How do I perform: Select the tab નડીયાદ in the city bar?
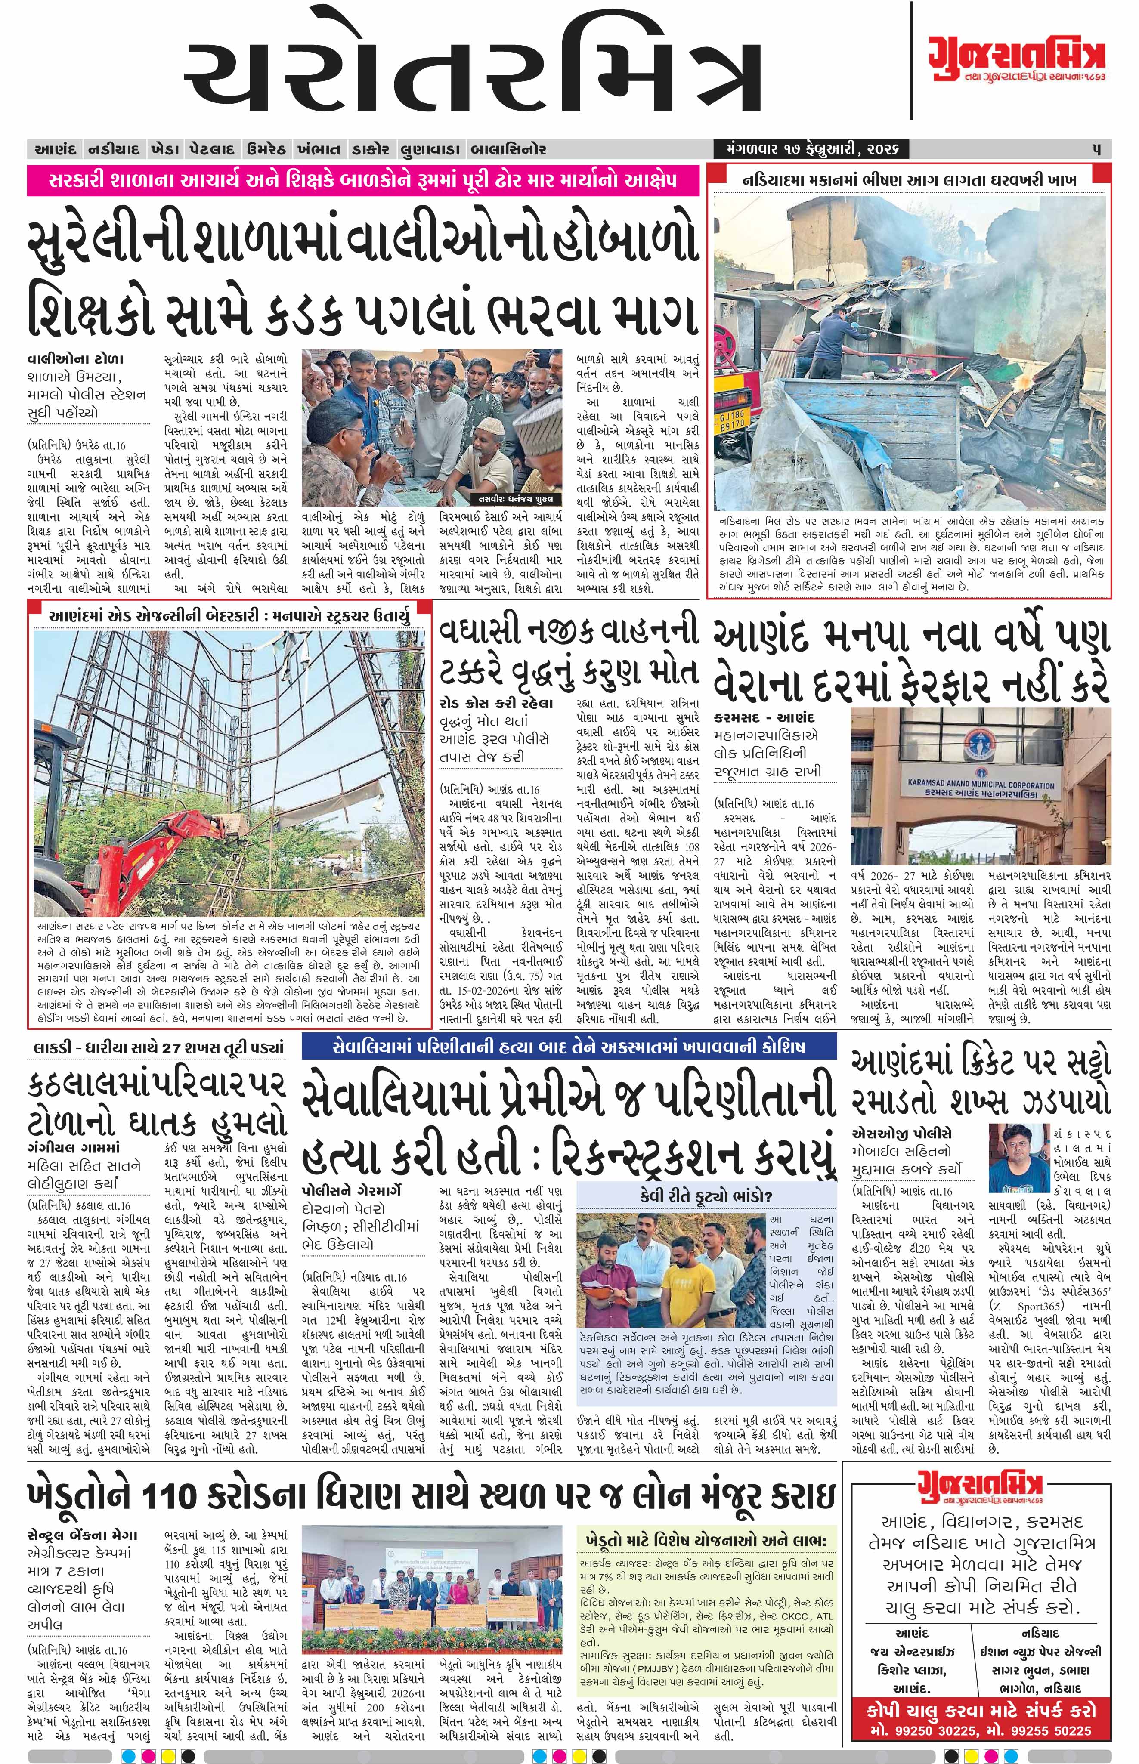pos(114,149)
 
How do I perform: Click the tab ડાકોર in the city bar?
pos(370,149)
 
